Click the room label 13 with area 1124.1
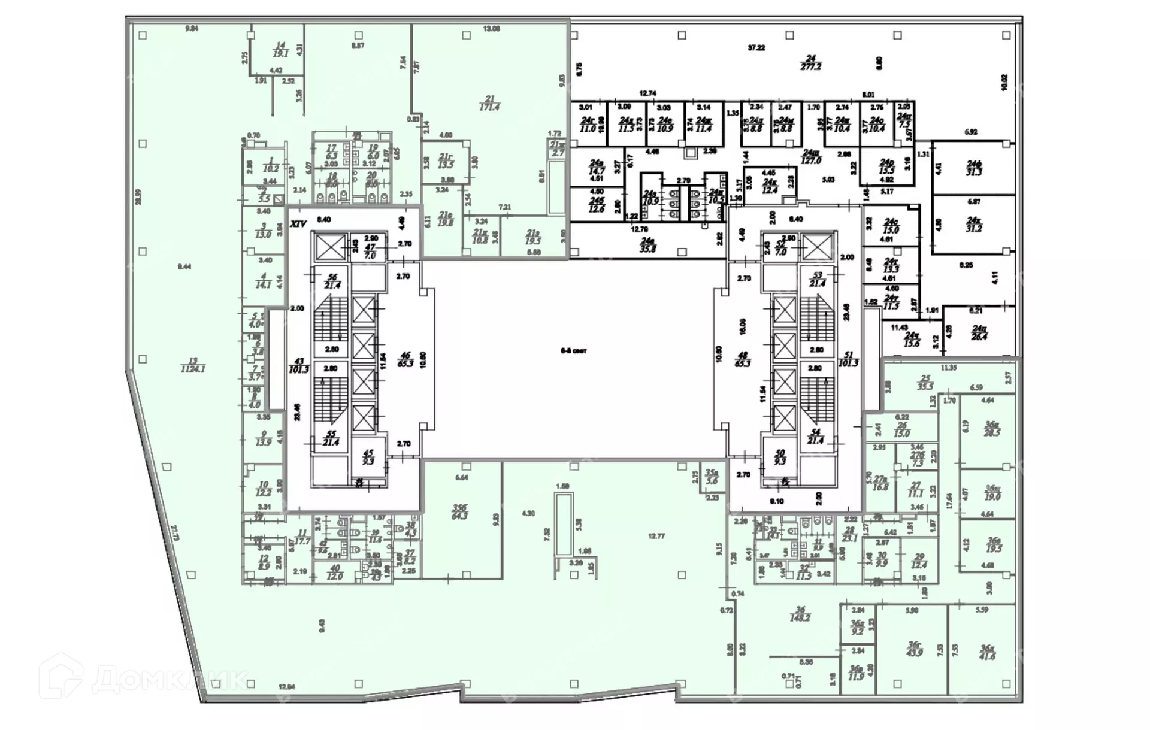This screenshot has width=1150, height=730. tap(193, 365)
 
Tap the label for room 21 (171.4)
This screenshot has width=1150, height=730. tap(489, 103)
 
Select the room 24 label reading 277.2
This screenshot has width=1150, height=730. tap(810, 63)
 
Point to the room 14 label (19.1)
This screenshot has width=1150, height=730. tap(280, 49)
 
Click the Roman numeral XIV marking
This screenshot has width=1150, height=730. tap(298, 224)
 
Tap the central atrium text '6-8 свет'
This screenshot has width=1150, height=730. tap(573, 351)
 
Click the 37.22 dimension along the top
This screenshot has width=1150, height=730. tap(756, 47)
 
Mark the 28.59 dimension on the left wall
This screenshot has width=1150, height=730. tap(138, 197)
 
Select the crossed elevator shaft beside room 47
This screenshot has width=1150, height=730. tap(330, 247)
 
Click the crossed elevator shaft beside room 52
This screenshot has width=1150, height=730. tap(818, 247)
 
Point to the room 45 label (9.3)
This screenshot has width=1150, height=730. tap(368, 458)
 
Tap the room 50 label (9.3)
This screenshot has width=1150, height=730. tap(779, 458)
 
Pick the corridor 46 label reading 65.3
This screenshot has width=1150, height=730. tap(406, 359)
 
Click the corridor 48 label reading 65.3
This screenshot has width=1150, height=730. tap(742, 359)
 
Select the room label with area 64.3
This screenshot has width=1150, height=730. tap(459, 512)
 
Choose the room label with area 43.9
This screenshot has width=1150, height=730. tap(914, 649)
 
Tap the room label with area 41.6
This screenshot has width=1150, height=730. tap(987, 652)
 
